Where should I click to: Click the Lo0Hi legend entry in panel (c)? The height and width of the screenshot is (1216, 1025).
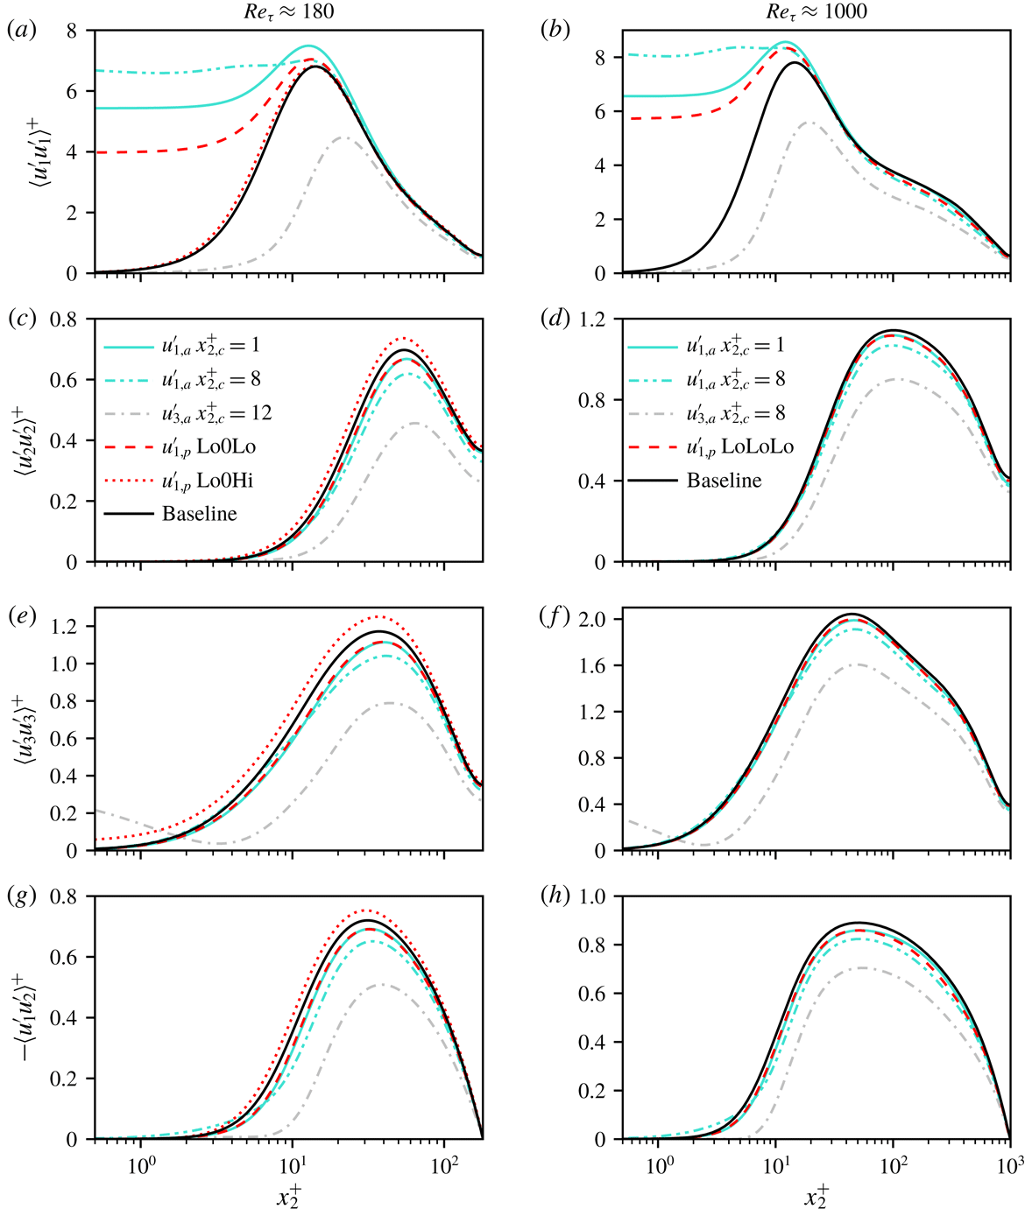(x=216, y=481)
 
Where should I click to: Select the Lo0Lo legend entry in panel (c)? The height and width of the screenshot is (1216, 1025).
(x=215, y=446)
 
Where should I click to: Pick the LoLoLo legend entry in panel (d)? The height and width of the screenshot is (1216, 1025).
(x=739, y=446)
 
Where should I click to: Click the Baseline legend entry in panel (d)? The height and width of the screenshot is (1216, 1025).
(x=724, y=481)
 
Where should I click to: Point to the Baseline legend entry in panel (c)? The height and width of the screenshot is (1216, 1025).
(x=199, y=514)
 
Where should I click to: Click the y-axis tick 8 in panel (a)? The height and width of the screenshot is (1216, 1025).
(x=72, y=32)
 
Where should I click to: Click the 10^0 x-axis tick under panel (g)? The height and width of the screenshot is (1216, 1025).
(x=141, y=1165)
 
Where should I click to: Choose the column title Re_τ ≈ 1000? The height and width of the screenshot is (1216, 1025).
(x=816, y=11)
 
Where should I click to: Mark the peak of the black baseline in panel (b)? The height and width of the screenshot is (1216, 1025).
(x=795, y=62)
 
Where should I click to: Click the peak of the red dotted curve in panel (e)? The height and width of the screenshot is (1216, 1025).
(x=378, y=616)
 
